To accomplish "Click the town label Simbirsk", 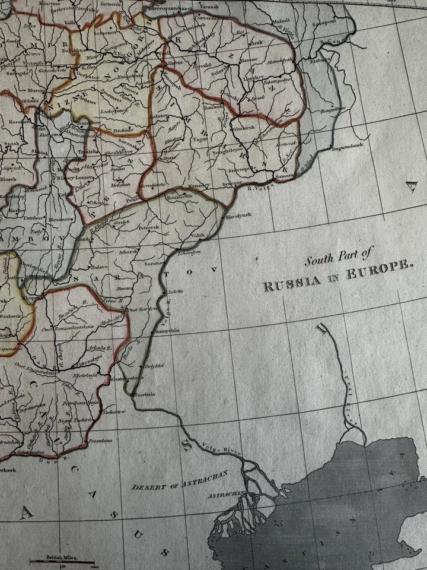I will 244,128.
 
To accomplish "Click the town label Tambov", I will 34,218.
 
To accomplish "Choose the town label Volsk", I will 197,236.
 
